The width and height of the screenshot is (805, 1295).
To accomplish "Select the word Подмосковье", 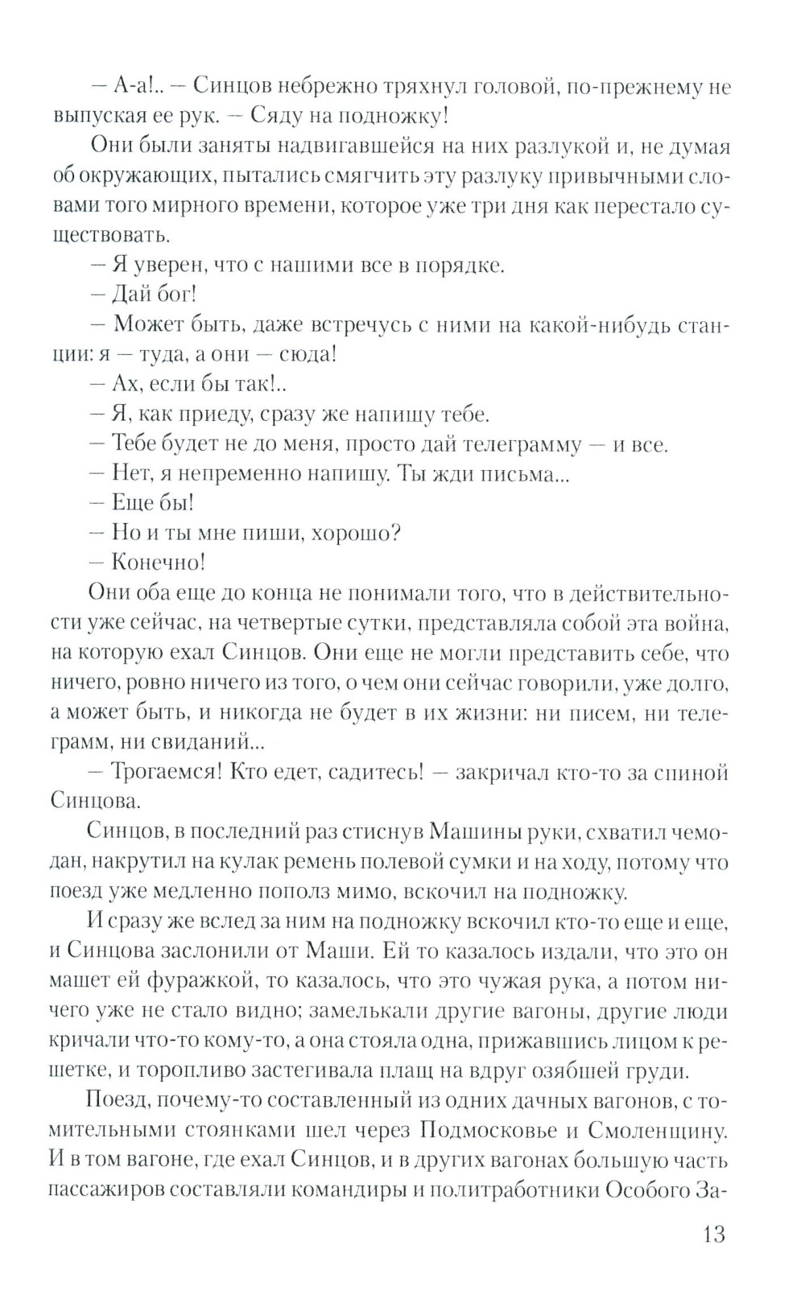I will click(x=488, y=1130).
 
